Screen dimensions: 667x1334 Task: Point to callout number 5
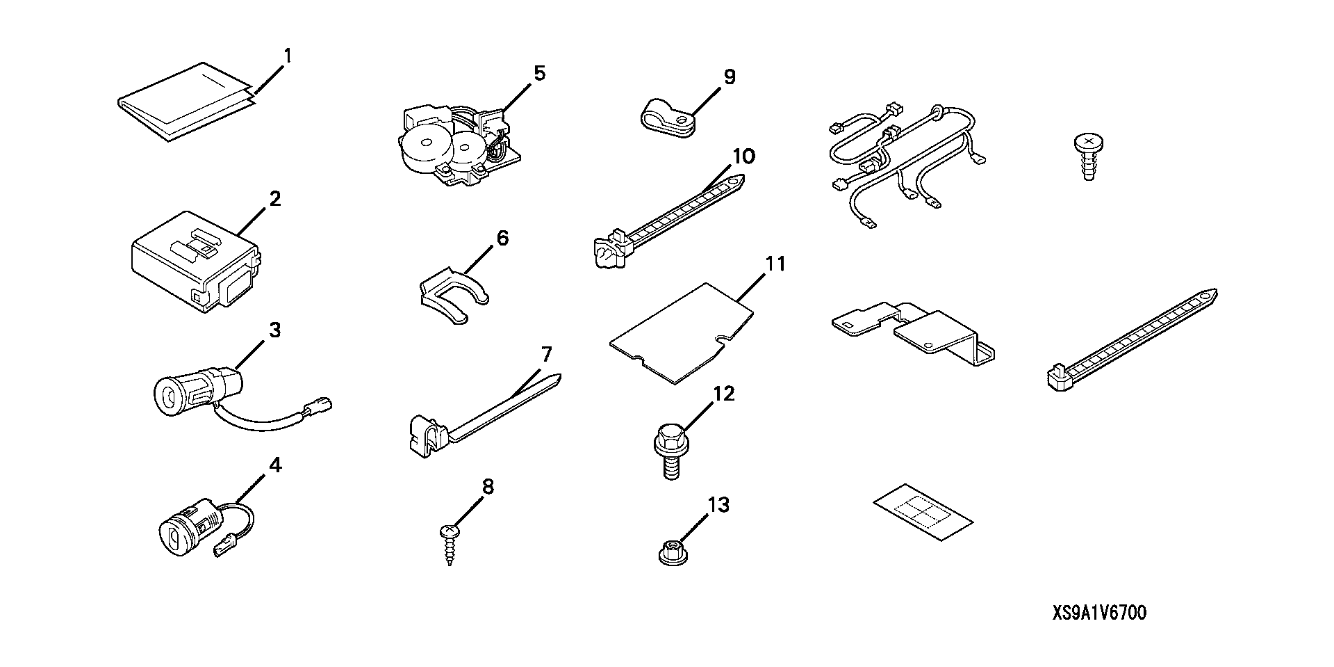(539, 73)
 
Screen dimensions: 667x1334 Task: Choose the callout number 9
(729, 77)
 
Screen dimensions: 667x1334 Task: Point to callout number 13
(718, 504)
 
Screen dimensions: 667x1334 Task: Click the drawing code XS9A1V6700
(1098, 613)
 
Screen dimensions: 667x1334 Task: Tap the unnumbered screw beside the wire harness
(1089, 157)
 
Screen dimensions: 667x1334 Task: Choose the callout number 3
(275, 330)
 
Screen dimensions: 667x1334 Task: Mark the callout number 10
(743, 156)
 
